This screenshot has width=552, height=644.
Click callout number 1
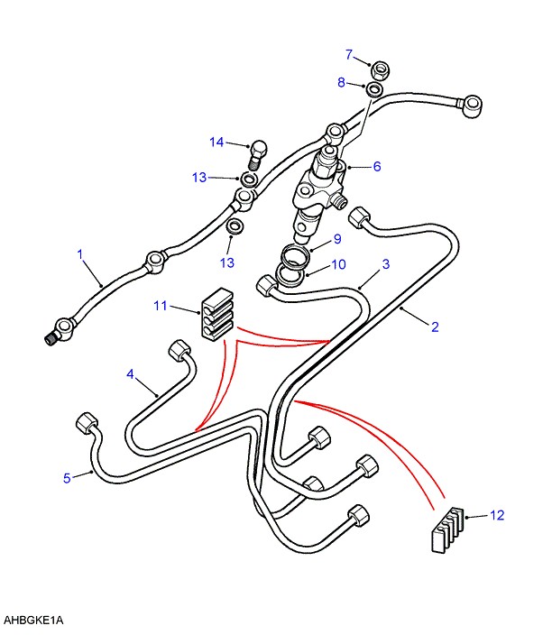(x=80, y=255)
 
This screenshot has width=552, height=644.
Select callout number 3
(x=385, y=264)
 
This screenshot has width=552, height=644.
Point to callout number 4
(x=130, y=373)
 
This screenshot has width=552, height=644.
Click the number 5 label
(x=67, y=478)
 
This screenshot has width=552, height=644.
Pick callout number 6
(x=377, y=166)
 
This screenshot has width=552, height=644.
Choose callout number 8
(x=342, y=82)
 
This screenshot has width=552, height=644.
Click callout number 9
(x=336, y=239)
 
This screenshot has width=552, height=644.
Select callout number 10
(x=338, y=265)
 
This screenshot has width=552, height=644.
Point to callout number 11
(x=161, y=307)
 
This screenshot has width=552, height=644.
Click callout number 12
(x=497, y=515)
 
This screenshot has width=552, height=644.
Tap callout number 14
(x=216, y=142)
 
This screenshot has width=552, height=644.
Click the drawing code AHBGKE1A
(x=34, y=621)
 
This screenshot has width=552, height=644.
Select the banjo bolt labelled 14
(x=258, y=152)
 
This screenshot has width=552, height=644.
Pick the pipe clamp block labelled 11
(x=216, y=315)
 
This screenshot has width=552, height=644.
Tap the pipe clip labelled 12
(x=443, y=529)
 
